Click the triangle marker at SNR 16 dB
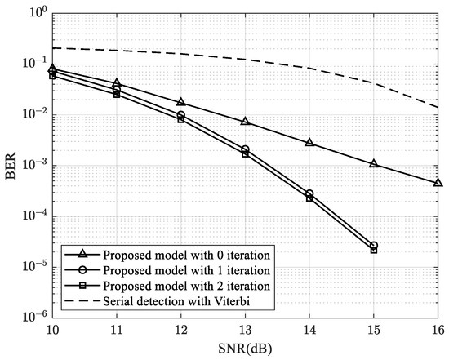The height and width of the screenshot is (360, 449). click(x=438, y=182)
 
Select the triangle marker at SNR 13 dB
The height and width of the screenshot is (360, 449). click(x=245, y=121)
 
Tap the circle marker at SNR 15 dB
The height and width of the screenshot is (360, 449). click(x=373, y=246)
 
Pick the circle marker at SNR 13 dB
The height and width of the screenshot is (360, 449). click(x=245, y=149)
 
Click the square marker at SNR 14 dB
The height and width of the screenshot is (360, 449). click(x=309, y=198)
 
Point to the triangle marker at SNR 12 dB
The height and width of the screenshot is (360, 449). click(x=180, y=102)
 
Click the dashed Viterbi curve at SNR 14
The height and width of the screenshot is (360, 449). click(x=309, y=68)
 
